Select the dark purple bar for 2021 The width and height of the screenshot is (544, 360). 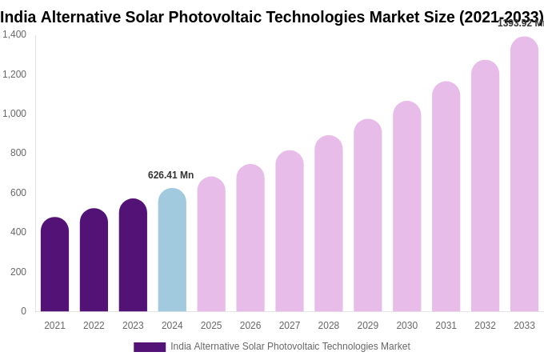point(54,265)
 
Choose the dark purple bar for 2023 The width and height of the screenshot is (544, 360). point(133,255)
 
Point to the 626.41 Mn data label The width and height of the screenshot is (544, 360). point(170,175)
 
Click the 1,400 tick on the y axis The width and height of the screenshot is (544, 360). point(14,34)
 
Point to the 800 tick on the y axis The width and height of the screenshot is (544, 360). point(18,153)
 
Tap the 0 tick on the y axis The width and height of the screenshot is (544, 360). point(23,311)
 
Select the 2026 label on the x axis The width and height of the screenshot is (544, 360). point(250,326)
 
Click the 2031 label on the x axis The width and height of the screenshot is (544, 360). point(446,326)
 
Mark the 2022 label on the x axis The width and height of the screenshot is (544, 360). point(94,326)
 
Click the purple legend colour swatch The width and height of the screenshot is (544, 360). point(150,347)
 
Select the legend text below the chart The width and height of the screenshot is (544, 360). point(290,346)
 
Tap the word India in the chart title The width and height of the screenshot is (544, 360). point(18,17)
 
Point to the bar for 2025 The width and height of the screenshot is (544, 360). point(211,245)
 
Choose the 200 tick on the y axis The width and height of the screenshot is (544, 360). point(18,272)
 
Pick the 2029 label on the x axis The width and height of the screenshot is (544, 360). point(368,326)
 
